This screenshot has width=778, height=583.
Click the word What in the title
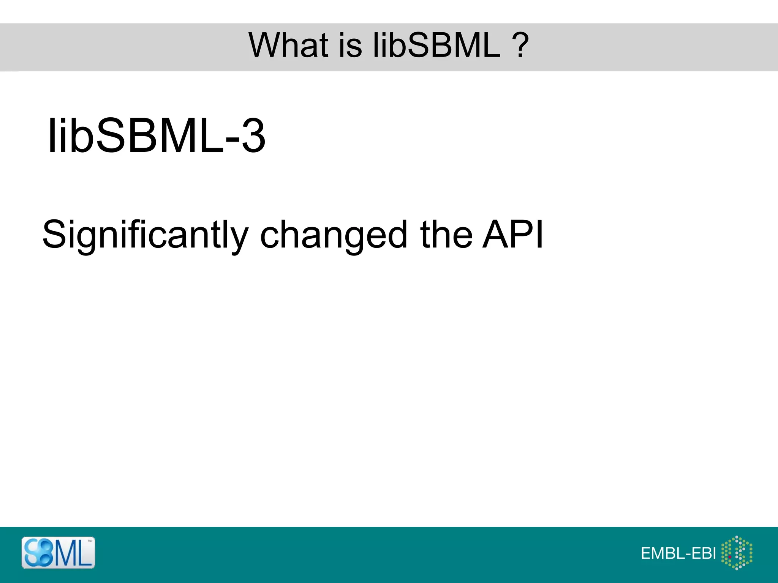tap(288, 45)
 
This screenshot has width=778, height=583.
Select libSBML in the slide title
tap(436, 45)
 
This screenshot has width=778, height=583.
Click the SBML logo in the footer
tap(58, 553)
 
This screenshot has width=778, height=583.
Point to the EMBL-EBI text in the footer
tap(678, 553)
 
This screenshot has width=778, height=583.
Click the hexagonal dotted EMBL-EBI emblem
tap(737, 553)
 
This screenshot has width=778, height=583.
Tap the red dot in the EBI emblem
tap(730, 557)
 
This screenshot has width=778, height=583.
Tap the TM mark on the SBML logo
tap(90, 541)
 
